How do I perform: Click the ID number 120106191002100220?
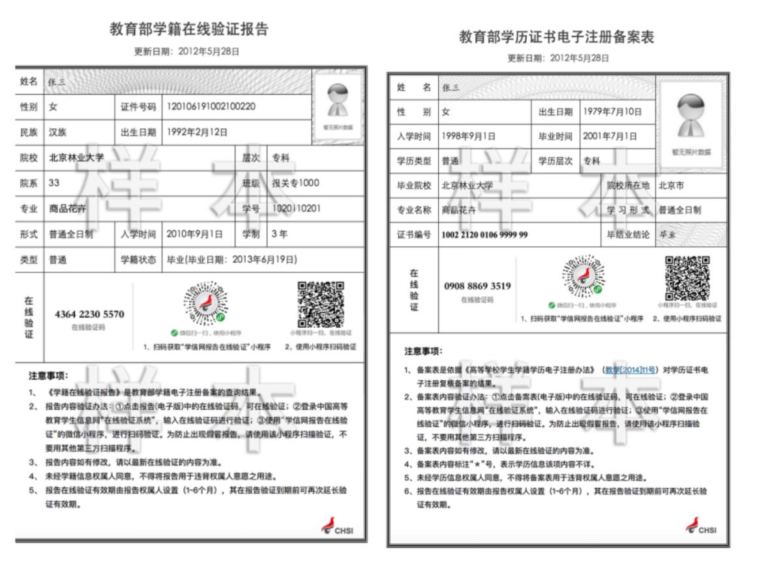210,106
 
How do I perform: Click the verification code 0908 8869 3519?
477,286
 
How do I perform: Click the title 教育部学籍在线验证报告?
190,29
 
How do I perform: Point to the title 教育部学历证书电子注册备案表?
556,37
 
